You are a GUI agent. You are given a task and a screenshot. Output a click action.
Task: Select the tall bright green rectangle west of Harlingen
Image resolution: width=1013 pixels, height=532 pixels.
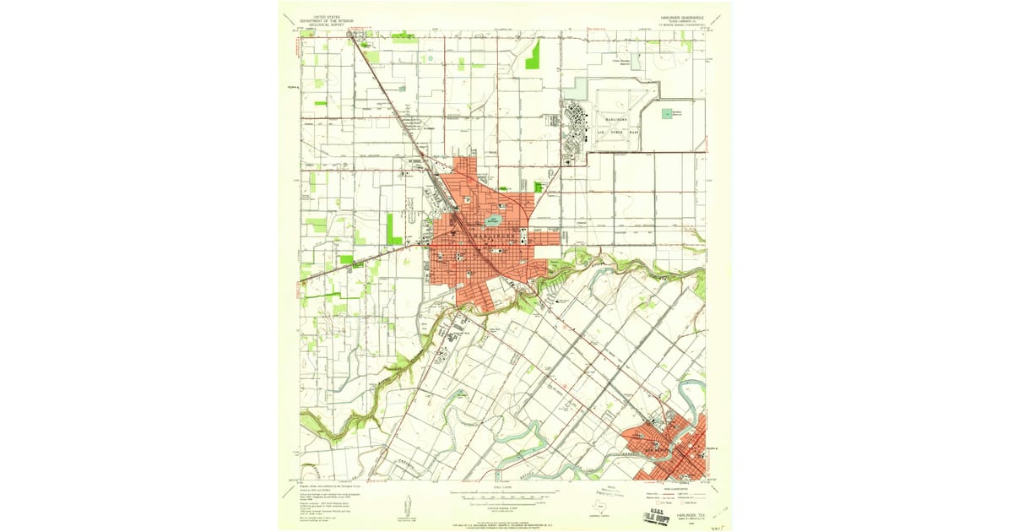(x=394, y=229)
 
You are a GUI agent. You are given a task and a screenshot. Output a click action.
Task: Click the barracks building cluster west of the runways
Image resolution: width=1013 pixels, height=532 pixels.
(x=577, y=118)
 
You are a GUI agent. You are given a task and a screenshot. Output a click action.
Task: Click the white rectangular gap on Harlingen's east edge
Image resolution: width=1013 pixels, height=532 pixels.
(x=547, y=251)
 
